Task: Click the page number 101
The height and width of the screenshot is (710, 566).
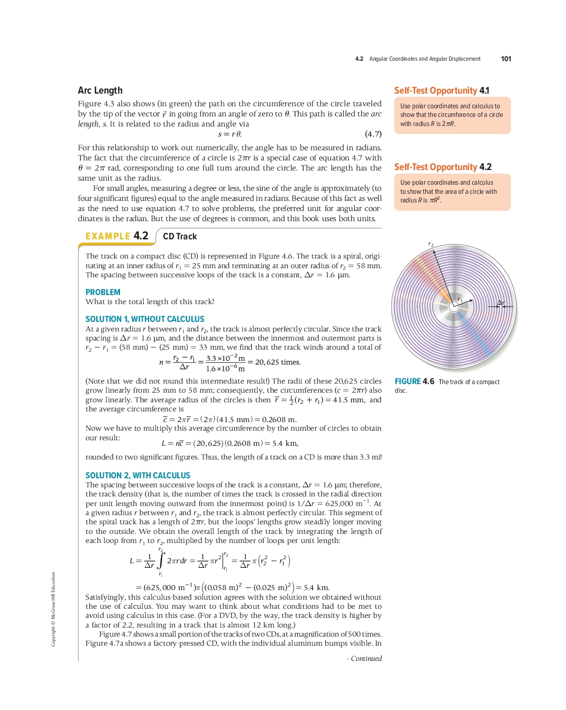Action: [x=506, y=59]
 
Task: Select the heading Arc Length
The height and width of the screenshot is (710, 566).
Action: [x=100, y=91]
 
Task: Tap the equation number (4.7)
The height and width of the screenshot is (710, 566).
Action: [x=373, y=134]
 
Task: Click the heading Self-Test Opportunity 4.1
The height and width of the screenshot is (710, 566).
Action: [x=441, y=91]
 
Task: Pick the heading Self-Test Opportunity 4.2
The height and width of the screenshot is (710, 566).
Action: [x=443, y=167]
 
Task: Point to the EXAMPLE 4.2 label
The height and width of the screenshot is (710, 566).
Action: [x=117, y=236]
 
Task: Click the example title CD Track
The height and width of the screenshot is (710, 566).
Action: [x=180, y=236]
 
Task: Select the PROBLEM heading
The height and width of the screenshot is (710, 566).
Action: [x=103, y=293]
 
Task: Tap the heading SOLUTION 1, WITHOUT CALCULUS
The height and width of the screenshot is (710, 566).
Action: [x=145, y=319]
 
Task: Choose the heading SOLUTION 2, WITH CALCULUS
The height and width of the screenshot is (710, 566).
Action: [x=138, y=476]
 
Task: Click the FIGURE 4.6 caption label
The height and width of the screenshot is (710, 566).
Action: [x=414, y=382]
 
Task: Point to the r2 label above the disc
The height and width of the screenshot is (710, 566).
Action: [x=431, y=244]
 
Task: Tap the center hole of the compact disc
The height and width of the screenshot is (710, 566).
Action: [x=454, y=306]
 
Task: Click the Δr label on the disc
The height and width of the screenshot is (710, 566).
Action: [x=500, y=303]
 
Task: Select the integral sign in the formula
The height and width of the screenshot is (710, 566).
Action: [x=161, y=560]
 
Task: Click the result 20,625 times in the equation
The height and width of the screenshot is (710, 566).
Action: [x=277, y=362]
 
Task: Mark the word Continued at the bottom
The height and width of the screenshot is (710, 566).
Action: [x=366, y=658]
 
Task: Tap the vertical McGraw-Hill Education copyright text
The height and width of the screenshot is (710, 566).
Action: [x=53, y=609]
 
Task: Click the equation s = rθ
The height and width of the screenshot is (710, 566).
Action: [x=229, y=134]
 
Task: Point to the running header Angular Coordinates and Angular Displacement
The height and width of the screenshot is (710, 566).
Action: [x=425, y=59]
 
